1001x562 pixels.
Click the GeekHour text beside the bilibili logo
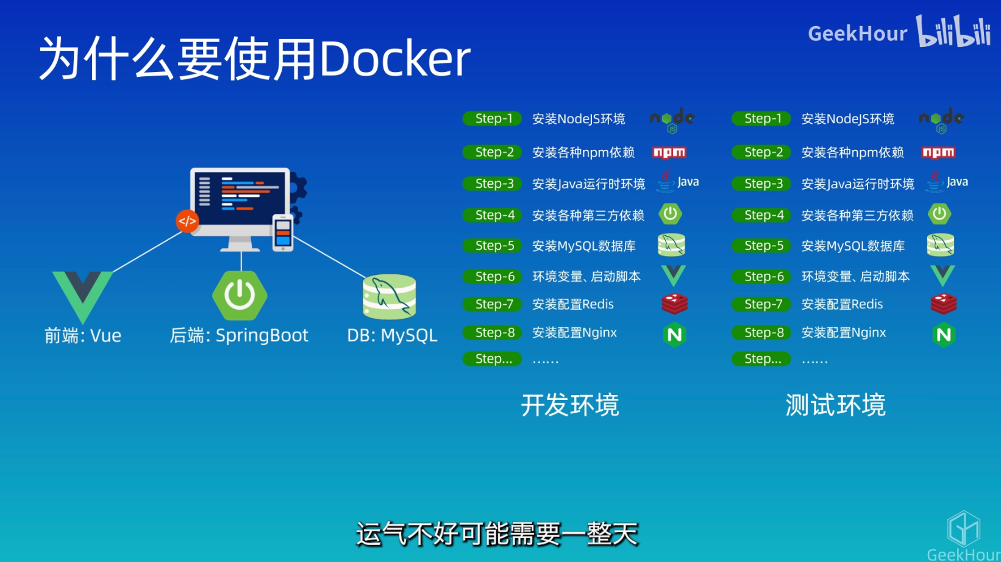click(x=857, y=34)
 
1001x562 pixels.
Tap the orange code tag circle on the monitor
click(x=187, y=221)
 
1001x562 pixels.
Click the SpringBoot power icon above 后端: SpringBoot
click(x=240, y=296)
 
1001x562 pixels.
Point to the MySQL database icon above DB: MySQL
click(x=390, y=297)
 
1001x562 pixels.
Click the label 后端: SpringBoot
click(x=239, y=335)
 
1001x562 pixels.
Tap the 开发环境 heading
click(x=570, y=405)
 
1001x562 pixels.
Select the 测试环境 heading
click(x=835, y=405)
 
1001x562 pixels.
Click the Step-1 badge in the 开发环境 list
click(x=493, y=119)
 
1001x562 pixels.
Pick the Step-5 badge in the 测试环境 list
click(x=762, y=246)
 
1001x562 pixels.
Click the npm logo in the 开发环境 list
click(x=669, y=152)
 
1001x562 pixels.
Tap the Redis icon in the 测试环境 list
click(x=943, y=304)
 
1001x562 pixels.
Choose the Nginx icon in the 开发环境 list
click(x=674, y=334)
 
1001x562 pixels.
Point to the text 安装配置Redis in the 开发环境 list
click(x=573, y=304)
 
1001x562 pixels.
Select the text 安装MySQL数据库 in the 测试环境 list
click(x=853, y=246)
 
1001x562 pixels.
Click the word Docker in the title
click(x=395, y=59)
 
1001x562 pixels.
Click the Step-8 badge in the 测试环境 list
click(x=762, y=333)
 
